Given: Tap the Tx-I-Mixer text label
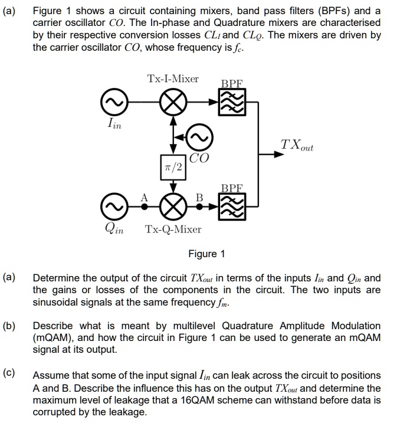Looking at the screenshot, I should [x=173, y=78].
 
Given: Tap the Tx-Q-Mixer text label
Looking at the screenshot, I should [x=173, y=229].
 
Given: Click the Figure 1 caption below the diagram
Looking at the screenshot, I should [x=206, y=254].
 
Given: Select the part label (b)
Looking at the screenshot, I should [x=11, y=325].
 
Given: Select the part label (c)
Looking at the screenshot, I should [x=11, y=374].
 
